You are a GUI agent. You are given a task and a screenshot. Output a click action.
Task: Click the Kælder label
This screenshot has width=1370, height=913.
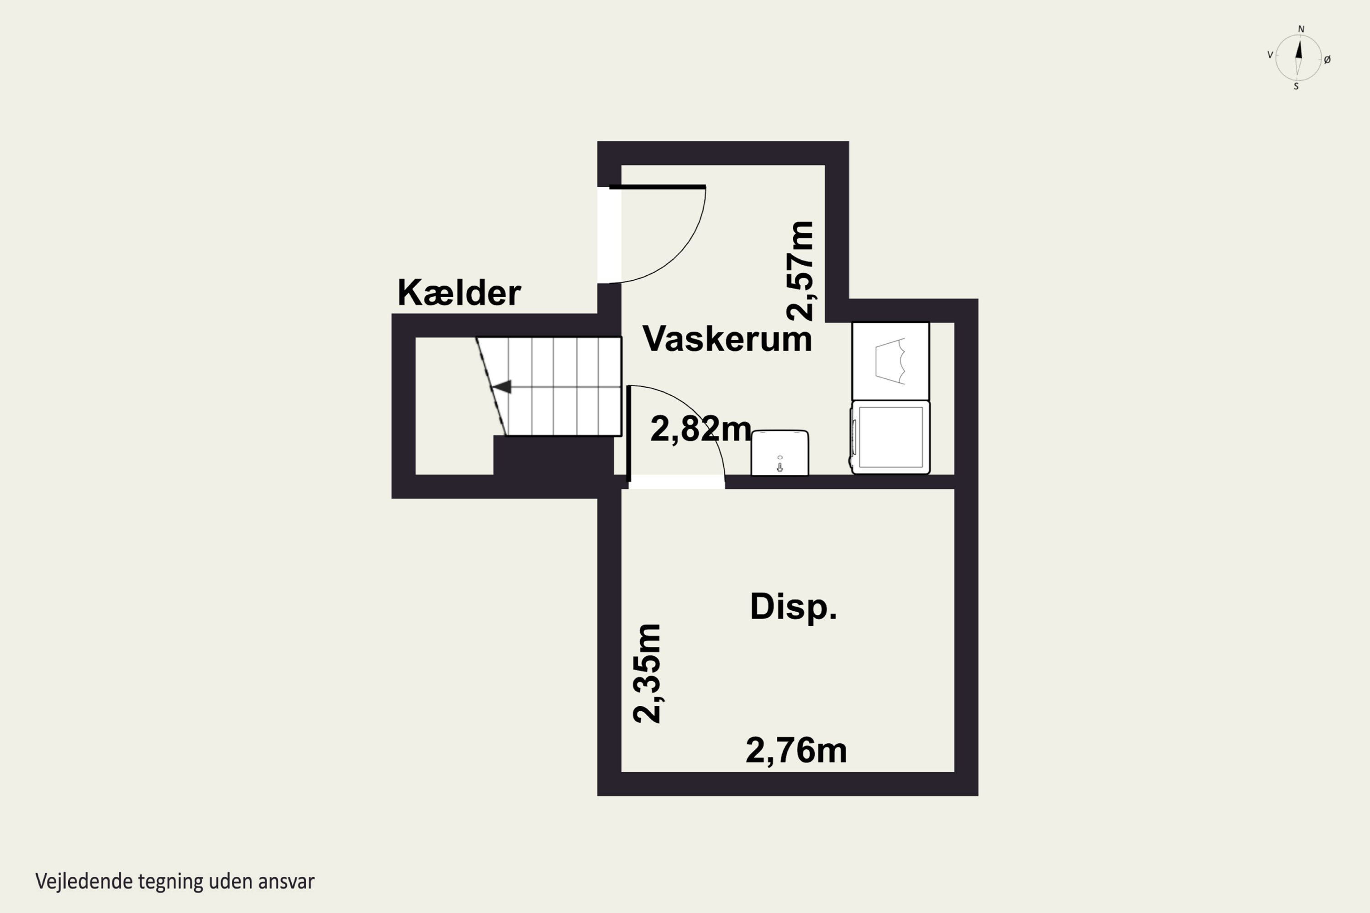point(458,293)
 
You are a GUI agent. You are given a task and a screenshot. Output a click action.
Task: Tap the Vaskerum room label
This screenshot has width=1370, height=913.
point(727,339)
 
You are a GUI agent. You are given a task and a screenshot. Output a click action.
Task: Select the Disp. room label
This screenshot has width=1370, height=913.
point(793,607)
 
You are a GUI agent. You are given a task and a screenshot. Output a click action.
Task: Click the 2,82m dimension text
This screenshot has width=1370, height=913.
point(700,430)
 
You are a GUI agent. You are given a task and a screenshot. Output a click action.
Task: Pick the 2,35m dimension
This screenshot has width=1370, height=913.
point(647,674)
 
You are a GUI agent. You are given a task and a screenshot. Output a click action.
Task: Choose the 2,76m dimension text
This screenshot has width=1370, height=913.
point(796,750)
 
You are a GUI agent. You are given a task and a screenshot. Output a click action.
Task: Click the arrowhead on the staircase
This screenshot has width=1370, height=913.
point(502,387)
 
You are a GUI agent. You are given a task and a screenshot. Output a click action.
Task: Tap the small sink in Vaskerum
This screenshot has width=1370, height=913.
point(780,453)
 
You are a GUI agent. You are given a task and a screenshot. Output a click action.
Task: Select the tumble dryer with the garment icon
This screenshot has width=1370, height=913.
point(890,362)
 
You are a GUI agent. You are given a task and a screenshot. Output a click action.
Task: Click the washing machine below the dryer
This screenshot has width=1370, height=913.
point(890,437)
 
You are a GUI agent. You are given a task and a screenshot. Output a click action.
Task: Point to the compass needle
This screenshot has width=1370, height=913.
point(1298,58)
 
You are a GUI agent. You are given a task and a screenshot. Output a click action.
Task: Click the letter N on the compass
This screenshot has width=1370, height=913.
point(1301,29)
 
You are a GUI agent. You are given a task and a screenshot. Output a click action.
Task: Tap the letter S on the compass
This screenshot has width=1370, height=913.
point(1296,87)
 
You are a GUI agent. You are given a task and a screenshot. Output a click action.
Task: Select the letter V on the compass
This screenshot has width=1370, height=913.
point(1270,55)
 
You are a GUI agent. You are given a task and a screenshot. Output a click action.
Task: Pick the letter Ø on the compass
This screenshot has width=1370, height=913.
point(1328,59)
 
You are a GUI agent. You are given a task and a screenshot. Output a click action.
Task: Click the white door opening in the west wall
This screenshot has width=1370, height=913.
point(609,235)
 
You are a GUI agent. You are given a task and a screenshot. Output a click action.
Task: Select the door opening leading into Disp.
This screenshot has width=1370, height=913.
point(676,482)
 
